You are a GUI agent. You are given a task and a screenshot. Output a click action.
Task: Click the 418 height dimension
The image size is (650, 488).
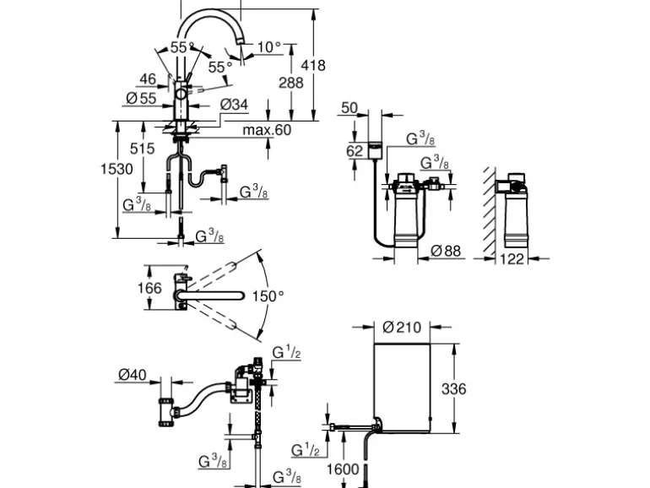tap(312, 65)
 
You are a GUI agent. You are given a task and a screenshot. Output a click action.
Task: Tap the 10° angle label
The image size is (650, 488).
tap(269, 47)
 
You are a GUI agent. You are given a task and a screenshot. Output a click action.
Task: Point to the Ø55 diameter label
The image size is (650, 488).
tap(140, 99)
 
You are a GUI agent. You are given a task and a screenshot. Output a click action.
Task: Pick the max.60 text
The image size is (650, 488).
tap(266, 130)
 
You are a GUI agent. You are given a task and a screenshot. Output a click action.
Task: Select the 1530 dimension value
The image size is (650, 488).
tap(117, 169)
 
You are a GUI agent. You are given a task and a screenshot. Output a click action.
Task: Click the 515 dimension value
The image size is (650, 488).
tap(144, 149)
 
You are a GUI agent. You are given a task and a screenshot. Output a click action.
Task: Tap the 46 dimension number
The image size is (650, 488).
tap(148, 79)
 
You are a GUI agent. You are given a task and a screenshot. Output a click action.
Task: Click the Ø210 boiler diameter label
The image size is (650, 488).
tap(402, 327)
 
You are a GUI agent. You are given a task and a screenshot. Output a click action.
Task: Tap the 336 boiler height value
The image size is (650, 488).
tap(455, 389)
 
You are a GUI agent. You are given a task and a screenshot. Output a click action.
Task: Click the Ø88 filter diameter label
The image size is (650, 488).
tap(446, 250)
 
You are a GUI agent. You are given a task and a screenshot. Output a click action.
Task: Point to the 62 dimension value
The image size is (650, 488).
tap(355, 151)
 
